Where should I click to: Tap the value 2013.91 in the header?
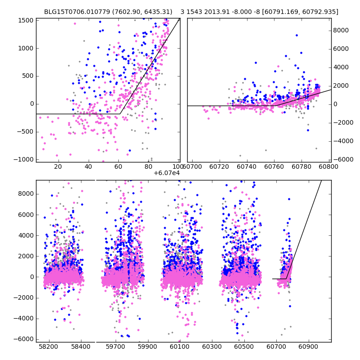point(218,12)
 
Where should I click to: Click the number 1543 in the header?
point(197,12)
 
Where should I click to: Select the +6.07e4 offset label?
point(166,173)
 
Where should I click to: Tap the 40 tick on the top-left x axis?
point(88,166)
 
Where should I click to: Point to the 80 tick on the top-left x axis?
point(149,166)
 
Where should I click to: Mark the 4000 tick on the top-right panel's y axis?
point(341,67)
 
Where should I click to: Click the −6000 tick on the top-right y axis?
point(342,160)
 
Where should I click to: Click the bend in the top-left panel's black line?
point(120,114)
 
